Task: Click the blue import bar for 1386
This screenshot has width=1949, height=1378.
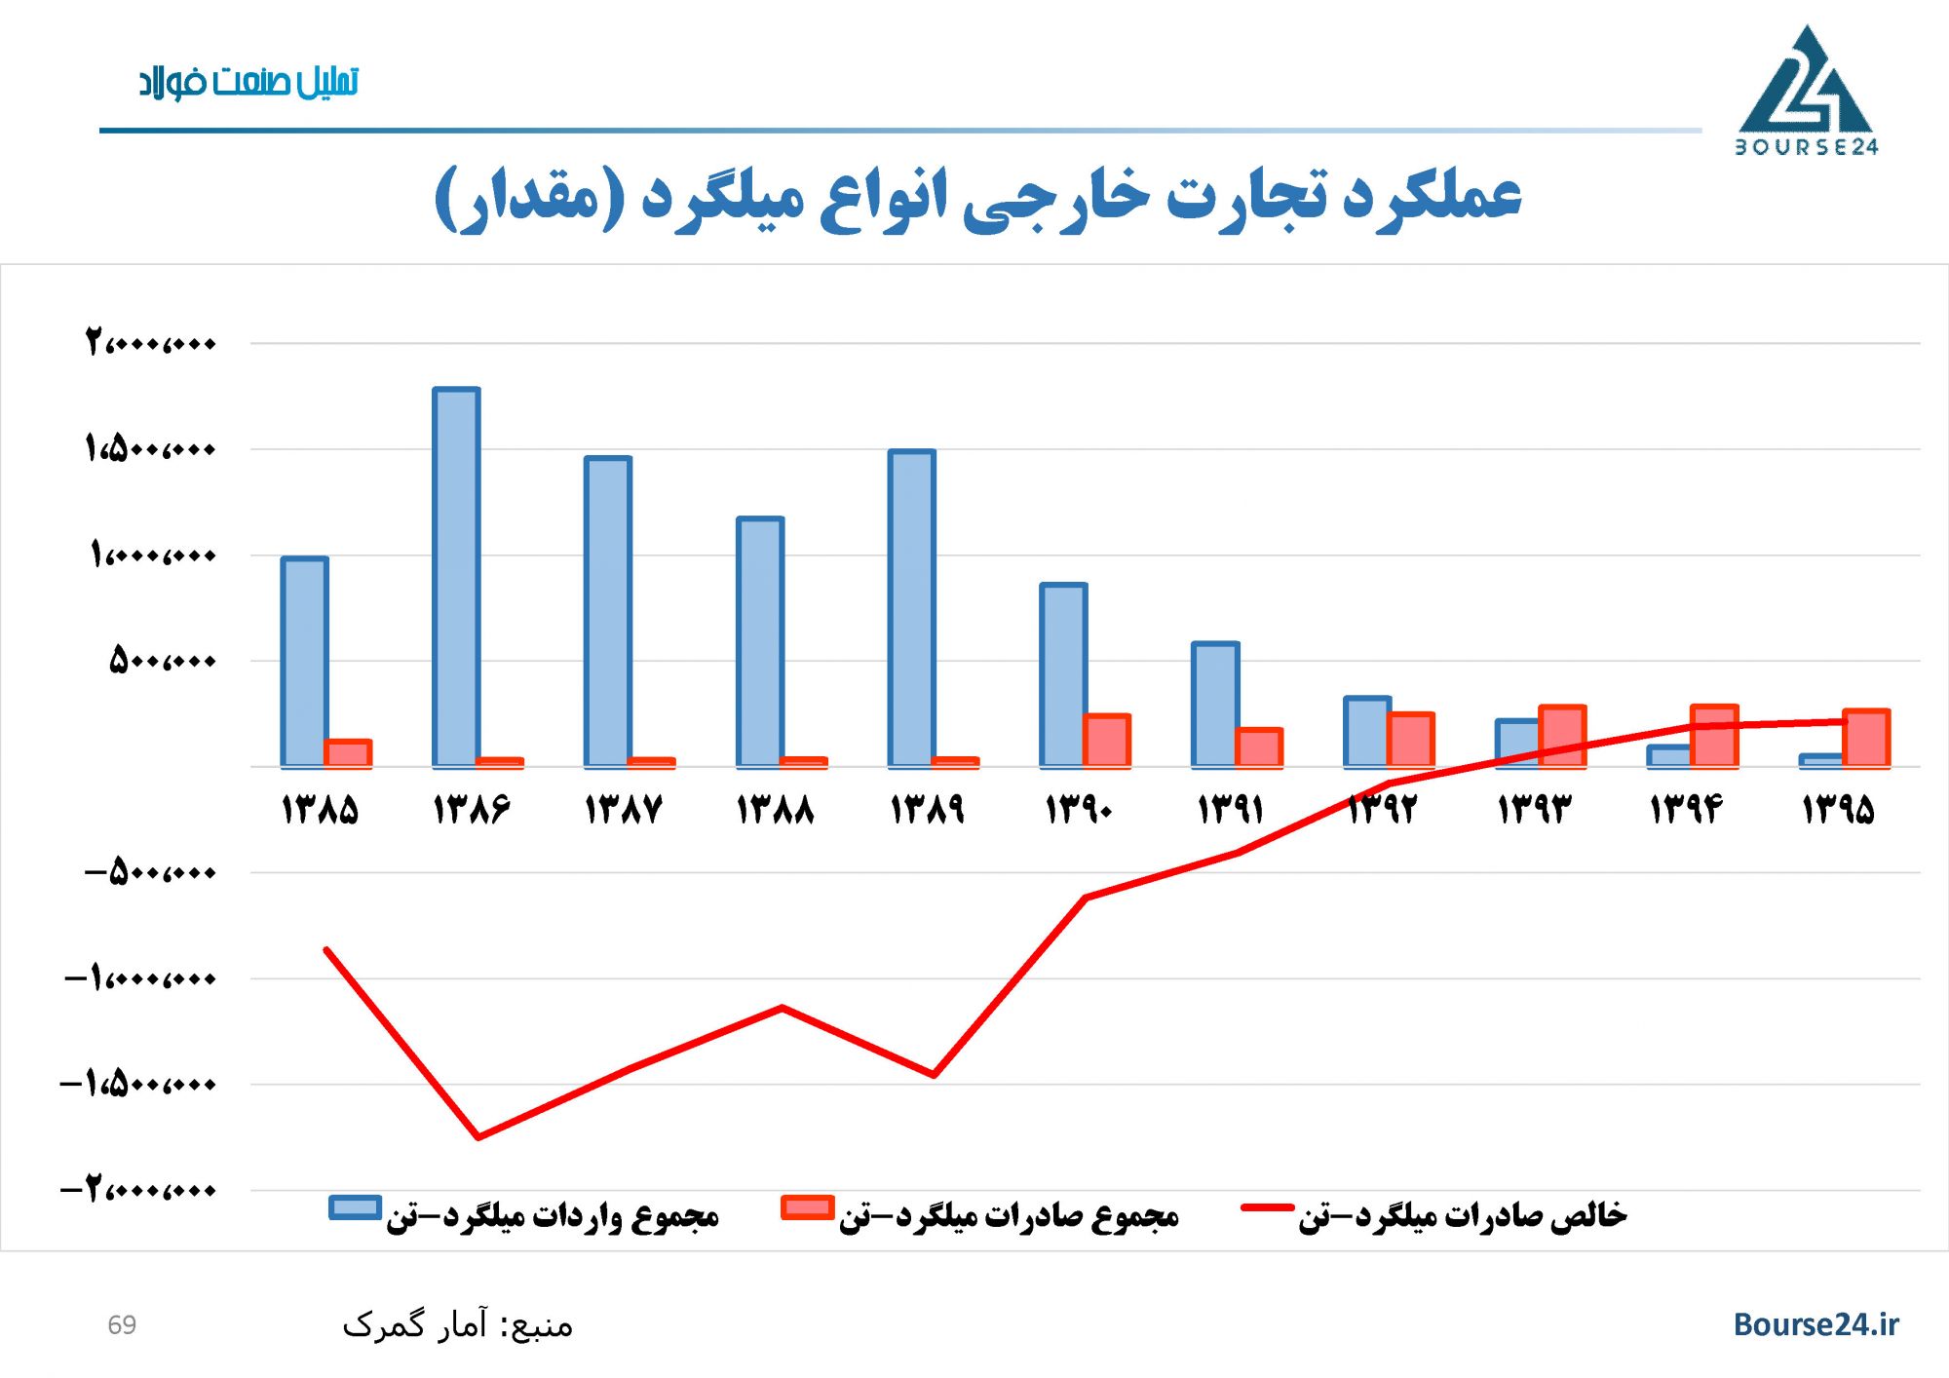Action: [x=456, y=577]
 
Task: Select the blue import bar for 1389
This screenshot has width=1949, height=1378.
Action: [x=911, y=608]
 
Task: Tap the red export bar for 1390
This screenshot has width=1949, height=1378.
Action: [x=1107, y=741]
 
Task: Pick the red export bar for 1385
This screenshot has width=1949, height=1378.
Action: [x=348, y=753]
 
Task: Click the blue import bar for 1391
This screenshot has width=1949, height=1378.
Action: [x=1215, y=704]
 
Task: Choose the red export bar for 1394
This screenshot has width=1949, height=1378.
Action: [x=1714, y=736]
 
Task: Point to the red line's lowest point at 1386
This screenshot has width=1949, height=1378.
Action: [x=478, y=1136]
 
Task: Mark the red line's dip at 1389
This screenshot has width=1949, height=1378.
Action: [x=934, y=1075]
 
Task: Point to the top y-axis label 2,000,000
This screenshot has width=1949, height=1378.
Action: [x=150, y=343]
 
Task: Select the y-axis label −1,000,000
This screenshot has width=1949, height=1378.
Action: [x=140, y=977]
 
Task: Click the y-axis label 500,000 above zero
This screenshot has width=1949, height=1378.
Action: [x=162, y=661]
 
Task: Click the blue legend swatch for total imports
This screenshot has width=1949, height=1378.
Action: [x=355, y=1207]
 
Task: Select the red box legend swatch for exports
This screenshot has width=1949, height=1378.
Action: [x=808, y=1207]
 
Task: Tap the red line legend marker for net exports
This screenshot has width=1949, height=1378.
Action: [x=1267, y=1208]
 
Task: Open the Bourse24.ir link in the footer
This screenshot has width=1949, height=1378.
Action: [x=1815, y=1324]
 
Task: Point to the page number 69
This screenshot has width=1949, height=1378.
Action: [x=122, y=1325]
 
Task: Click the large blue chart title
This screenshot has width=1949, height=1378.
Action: [x=977, y=198]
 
